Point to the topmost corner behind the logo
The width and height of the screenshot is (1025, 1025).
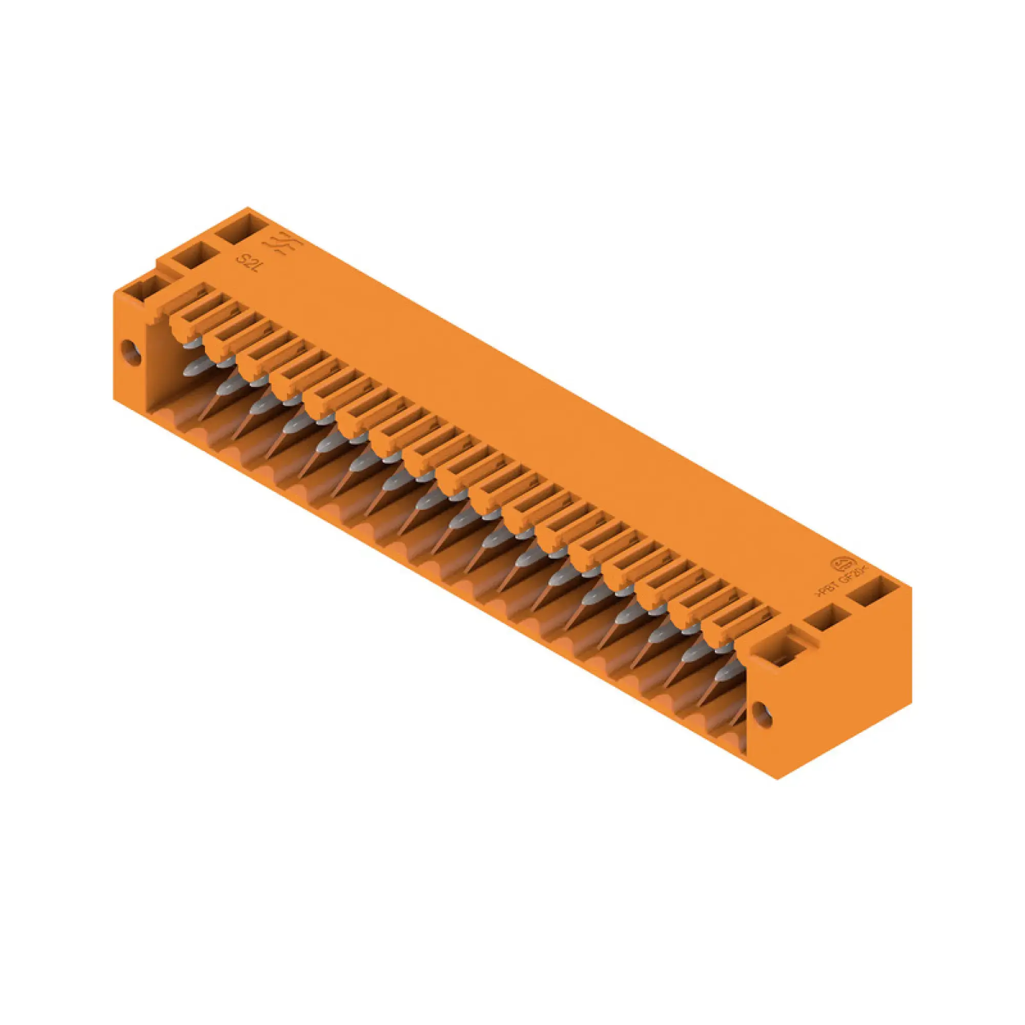(248, 208)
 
